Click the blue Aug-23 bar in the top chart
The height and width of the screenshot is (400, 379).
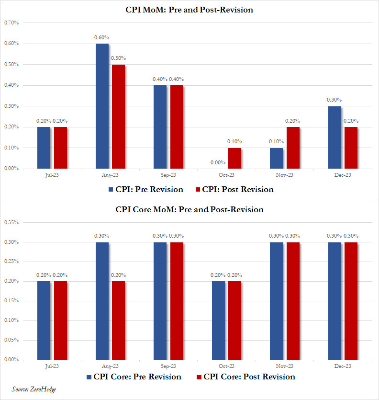pos(102,106)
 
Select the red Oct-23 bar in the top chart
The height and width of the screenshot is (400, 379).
pos(234,158)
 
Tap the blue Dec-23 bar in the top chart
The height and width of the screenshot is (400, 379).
pos(334,137)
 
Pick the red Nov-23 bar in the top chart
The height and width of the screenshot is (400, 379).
pos(293,148)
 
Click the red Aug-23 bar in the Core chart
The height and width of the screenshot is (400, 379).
pos(118,320)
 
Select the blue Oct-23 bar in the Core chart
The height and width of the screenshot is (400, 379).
pos(218,320)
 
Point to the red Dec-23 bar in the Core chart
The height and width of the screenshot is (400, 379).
pos(351,300)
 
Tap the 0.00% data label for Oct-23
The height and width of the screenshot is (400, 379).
pos(218,162)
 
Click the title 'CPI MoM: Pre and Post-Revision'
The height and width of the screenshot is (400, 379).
pos(189,10)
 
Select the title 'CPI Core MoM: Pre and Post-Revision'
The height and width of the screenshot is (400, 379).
pos(189,209)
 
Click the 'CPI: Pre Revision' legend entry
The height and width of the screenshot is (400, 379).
pos(145,189)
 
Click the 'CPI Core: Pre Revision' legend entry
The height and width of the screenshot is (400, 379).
pos(134,377)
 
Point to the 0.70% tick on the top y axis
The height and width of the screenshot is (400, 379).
pos(11,23)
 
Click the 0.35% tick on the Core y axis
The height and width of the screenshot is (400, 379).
pos(11,222)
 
